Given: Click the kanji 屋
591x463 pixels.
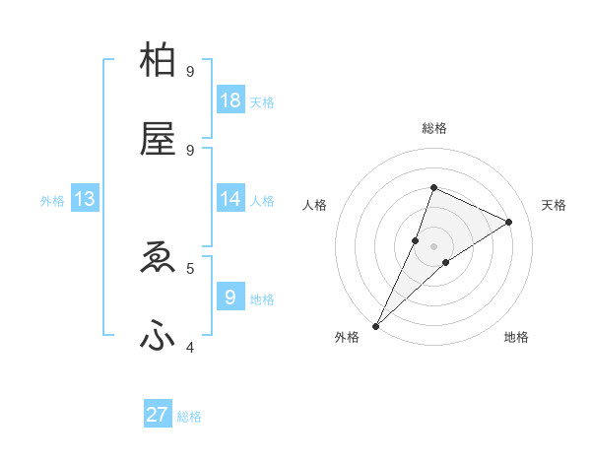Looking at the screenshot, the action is [x=159, y=140].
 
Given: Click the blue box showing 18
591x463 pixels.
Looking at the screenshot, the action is [x=230, y=100].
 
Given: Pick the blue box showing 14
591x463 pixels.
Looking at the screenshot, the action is [x=230, y=199].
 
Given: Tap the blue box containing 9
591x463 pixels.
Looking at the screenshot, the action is [x=230, y=297].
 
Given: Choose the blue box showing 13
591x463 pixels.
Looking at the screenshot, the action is [x=85, y=200].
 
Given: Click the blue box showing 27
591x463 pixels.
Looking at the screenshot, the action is [x=158, y=415].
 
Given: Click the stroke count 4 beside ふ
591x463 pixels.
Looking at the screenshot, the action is [x=190, y=347].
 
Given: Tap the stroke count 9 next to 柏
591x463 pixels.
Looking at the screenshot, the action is [x=190, y=72].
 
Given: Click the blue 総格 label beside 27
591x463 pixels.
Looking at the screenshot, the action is [x=189, y=417].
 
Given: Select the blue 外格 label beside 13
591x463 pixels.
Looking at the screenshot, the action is [x=52, y=201].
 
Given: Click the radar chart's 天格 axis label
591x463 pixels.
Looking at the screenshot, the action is [x=554, y=205].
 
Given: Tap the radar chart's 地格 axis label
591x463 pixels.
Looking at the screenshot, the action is [x=516, y=337].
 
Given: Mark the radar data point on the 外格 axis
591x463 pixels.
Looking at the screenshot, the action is [x=375, y=325].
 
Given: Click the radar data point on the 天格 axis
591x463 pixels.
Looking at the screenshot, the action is [x=508, y=222].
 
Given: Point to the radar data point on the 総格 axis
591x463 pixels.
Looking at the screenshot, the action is [x=433, y=187].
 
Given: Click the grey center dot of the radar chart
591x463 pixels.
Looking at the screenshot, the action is [x=433, y=245].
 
